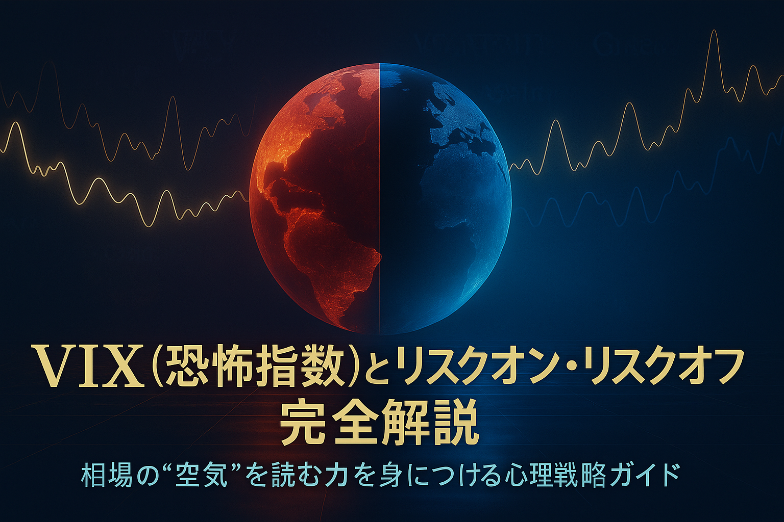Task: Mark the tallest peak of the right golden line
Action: coord(714,32)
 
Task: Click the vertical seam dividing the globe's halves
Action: coord(379,199)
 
